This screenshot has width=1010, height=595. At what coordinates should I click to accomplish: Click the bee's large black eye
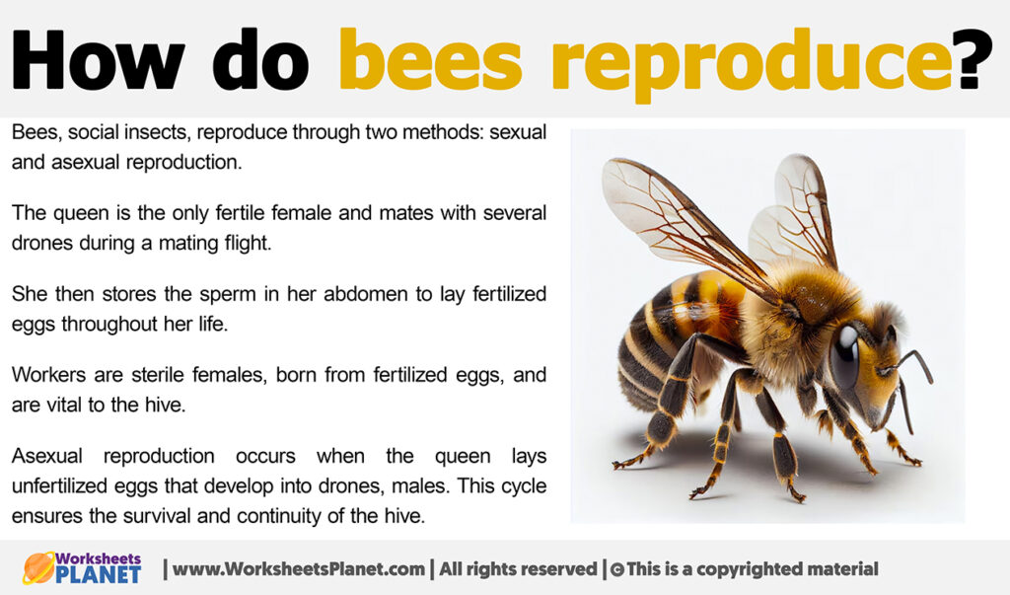844,355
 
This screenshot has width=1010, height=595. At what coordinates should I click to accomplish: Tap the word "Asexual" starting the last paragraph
45,456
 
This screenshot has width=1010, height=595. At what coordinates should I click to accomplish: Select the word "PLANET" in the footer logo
99,575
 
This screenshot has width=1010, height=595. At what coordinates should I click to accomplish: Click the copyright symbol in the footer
616,569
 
